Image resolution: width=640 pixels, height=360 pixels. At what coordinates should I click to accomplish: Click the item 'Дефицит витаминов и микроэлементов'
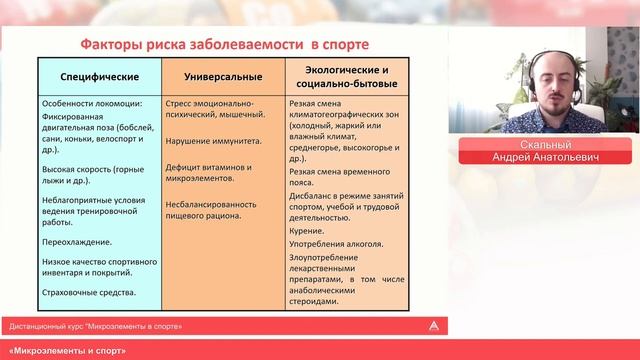coord(207,172)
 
